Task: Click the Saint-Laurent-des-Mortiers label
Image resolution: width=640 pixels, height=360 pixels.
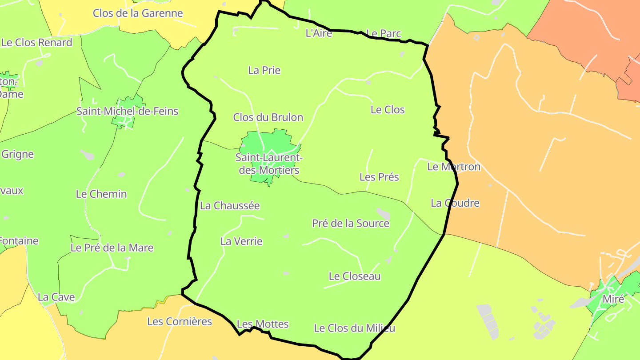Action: click(269, 164)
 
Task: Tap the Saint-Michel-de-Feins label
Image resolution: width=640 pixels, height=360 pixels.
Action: click(127, 111)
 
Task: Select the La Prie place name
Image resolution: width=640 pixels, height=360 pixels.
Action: click(264, 70)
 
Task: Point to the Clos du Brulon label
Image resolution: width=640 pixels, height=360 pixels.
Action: click(268, 117)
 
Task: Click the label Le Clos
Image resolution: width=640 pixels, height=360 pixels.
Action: click(388, 110)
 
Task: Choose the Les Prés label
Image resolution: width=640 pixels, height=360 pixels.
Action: click(379, 177)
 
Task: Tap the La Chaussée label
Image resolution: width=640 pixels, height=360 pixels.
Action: click(230, 205)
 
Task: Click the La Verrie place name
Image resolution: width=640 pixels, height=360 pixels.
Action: click(241, 241)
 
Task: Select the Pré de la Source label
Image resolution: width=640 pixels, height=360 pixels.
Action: click(351, 223)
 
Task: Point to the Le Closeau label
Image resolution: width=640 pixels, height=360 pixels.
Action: click(355, 276)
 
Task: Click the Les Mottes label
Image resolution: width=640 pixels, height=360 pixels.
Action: click(263, 324)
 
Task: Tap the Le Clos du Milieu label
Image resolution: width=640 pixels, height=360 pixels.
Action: click(354, 328)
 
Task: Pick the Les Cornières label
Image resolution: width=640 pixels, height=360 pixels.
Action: click(180, 321)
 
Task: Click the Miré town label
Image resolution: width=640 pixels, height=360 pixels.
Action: click(613, 299)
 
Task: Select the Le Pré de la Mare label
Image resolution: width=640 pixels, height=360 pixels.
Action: click(112, 248)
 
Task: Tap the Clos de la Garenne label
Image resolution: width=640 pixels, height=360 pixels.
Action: click(138, 13)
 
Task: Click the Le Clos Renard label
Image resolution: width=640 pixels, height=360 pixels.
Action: click(37, 43)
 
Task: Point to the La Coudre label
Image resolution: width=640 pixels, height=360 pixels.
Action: click(455, 203)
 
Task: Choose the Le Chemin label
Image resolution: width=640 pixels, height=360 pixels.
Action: click(101, 194)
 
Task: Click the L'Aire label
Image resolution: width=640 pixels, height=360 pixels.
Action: click(319, 33)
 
